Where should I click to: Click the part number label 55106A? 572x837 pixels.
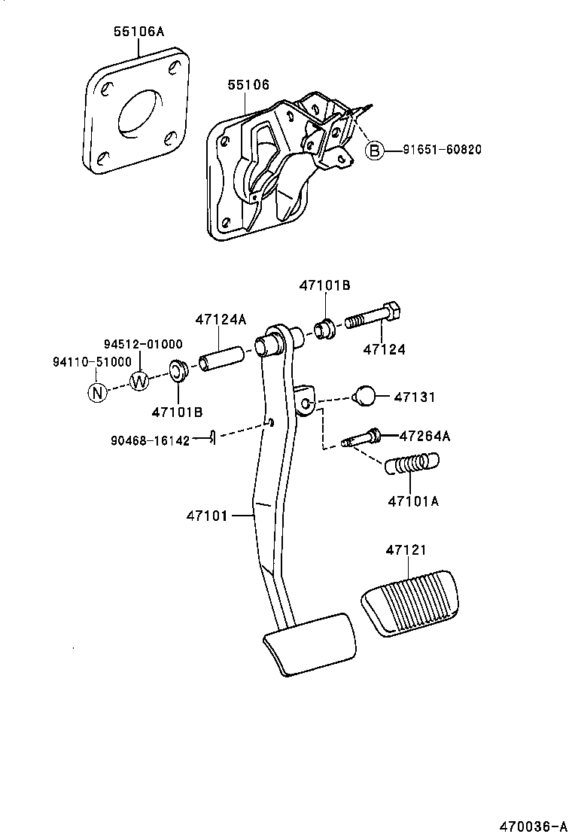point(138,32)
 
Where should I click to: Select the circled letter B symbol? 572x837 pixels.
point(374,150)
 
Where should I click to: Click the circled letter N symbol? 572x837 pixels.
point(97,392)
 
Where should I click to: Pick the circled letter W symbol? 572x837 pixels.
point(140,381)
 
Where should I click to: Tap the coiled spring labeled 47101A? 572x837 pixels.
point(412,464)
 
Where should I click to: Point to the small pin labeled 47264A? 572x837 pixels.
point(363,437)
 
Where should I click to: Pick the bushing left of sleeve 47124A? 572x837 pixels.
point(178,371)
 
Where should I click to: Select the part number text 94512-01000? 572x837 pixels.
point(143,344)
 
